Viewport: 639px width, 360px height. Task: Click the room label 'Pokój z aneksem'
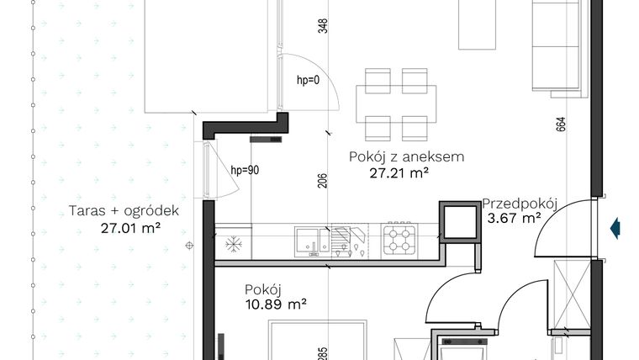406,156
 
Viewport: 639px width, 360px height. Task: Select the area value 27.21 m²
399,173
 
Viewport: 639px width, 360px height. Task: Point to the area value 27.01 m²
124,227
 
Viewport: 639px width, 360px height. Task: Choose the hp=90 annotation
245,170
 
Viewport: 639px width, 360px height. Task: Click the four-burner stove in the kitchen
400,240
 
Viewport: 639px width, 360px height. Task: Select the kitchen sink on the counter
312,240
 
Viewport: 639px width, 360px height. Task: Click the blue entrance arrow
615,227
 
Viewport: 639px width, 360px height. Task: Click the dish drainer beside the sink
350,240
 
